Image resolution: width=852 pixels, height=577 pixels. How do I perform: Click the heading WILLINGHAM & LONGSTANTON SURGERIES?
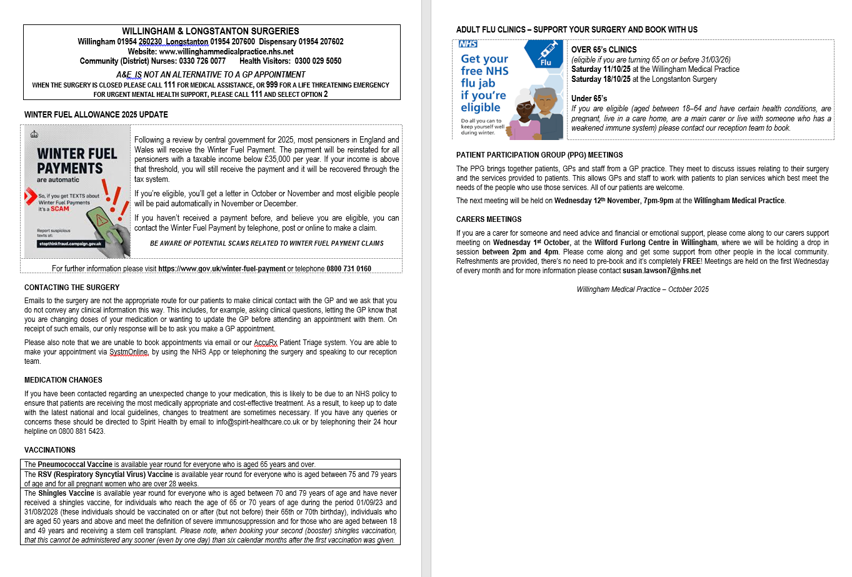click(210, 31)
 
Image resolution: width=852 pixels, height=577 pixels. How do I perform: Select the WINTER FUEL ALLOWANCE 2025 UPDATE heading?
click(96, 115)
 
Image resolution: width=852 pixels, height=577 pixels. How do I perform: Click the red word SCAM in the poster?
click(60, 209)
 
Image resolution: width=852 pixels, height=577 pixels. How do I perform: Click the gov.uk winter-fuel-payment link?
click(222, 269)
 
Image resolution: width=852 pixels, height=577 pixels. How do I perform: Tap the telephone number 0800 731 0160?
click(349, 269)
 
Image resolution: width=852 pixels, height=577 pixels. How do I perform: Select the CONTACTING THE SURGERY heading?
click(72, 288)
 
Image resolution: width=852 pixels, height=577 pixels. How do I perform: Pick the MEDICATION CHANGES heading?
click(63, 380)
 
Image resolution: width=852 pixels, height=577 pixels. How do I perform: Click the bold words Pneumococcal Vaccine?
click(75, 464)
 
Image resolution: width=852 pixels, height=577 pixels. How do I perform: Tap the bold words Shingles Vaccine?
click(66, 493)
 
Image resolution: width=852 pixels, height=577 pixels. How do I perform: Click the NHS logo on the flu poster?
click(468, 44)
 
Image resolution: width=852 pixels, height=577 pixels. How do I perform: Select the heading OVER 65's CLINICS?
click(604, 50)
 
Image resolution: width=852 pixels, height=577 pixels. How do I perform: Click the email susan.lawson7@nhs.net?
click(661, 271)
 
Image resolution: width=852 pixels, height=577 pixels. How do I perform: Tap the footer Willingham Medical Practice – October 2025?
click(643, 289)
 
